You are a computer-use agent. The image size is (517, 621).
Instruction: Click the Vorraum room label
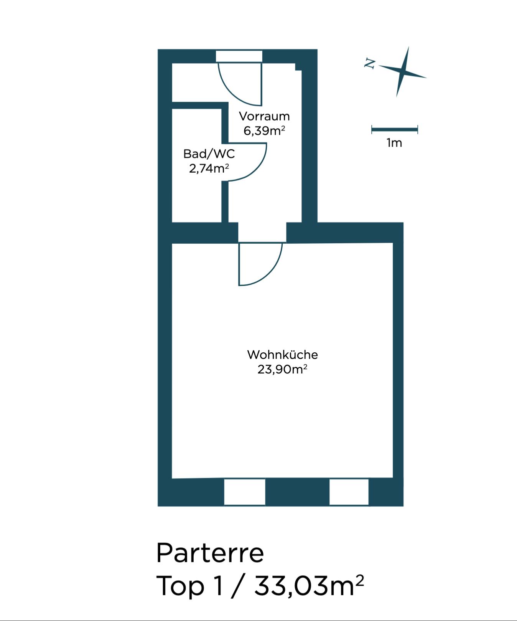tap(264, 116)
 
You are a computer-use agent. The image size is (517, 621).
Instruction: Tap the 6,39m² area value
tap(264, 130)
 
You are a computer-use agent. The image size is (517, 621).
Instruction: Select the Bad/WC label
tap(209, 154)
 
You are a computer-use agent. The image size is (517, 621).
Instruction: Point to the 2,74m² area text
tap(209, 168)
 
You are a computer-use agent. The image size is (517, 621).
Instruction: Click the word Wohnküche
tap(283, 354)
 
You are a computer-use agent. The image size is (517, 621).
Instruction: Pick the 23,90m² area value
tap(283, 369)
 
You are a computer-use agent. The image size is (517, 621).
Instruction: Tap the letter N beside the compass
tap(369, 63)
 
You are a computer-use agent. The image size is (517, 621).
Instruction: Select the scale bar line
tap(395, 130)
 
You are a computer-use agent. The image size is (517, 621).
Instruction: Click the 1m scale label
tap(395, 143)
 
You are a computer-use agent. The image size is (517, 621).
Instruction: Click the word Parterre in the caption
tap(210, 553)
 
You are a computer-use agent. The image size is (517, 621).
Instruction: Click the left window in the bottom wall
tap(245, 492)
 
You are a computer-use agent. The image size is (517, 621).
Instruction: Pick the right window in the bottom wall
tap(349, 492)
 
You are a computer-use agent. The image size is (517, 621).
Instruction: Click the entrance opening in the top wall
tap(239, 56)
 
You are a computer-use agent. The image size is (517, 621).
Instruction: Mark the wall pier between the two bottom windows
tap(297, 492)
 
